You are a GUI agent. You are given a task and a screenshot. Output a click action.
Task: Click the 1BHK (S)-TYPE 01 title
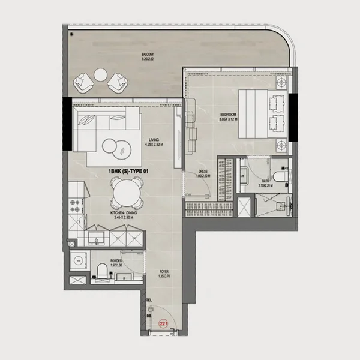pyautogui.click(x=128, y=172)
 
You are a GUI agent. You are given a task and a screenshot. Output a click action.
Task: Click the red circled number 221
pyautogui.click(x=163, y=323)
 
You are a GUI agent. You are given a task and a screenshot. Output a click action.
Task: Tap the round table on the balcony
pyautogui.click(x=101, y=76)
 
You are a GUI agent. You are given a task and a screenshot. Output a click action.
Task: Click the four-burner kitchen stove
pyautogui.click(x=76, y=207)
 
